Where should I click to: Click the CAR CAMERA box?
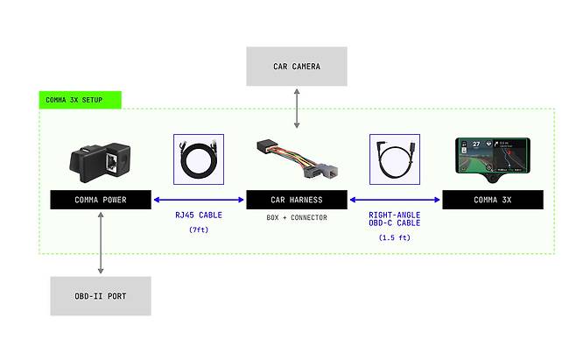point(297,67)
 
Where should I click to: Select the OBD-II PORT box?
point(101,296)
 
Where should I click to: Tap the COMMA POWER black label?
point(101,200)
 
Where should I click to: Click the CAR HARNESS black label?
point(297,200)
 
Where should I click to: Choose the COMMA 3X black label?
point(493,200)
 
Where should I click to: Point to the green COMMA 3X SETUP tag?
point(80,100)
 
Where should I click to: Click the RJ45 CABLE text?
point(198,214)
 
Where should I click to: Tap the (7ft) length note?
point(198,229)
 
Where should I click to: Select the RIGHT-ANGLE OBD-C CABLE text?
point(395,218)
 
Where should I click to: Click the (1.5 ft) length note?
point(395,237)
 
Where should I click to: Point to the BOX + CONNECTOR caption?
point(297,217)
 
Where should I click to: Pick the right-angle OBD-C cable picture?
point(395,159)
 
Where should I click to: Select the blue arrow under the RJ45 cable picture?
point(199,200)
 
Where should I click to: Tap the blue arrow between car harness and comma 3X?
point(395,200)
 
